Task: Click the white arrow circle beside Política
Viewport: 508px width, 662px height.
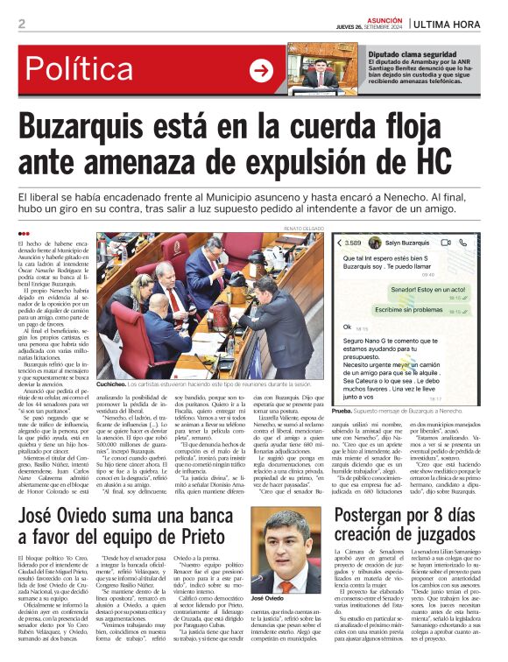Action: click(261, 68)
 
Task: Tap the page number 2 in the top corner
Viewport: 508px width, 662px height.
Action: click(21, 24)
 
